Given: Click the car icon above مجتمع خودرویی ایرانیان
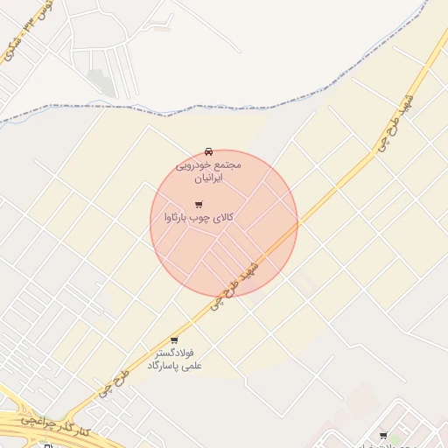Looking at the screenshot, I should coord(208,151).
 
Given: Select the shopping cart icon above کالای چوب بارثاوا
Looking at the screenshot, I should coord(199,205).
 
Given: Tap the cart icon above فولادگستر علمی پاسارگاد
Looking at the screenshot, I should coord(174,340).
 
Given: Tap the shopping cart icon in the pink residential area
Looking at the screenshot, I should coord(382,435).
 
